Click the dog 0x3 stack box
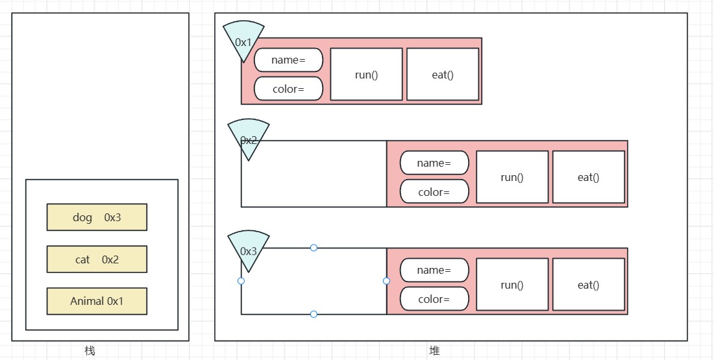tap(97, 217)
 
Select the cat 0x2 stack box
tap(97, 259)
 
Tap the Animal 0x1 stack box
tap(97, 301)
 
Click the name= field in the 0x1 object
tap(288, 60)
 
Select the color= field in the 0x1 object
tap(288, 89)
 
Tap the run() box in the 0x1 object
tap(366, 75)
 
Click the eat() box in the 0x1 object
tap(443, 75)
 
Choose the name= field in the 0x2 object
tap(434, 163)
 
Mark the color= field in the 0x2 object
tap(434, 192)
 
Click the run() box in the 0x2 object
tap(512, 177)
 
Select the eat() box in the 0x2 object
tap(588, 177)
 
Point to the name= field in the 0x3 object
tap(434, 270)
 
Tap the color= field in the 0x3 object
tap(434, 299)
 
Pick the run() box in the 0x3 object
tap(512, 285)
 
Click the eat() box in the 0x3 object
tap(588, 285)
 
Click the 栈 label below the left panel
tap(90, 351)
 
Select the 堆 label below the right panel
tap(434, 351)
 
